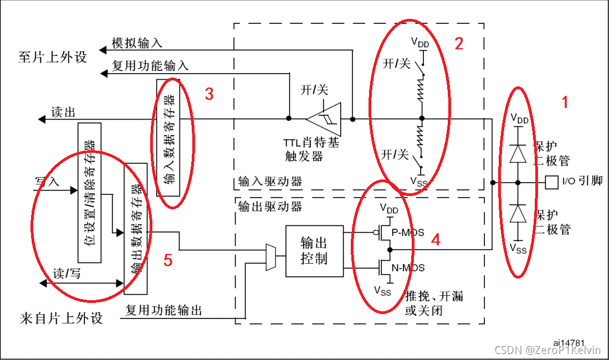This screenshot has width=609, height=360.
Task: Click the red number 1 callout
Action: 565,102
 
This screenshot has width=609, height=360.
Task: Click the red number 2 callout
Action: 459,44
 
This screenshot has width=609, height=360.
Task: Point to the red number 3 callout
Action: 209,94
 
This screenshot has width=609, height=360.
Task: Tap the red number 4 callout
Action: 436,240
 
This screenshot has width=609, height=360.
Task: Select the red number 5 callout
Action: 168,260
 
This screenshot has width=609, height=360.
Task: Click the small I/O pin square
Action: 551,182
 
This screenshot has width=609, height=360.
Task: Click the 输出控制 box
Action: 314,251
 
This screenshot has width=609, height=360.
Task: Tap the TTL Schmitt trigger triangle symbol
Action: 324,119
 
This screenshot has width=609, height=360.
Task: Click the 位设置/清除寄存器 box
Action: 90,192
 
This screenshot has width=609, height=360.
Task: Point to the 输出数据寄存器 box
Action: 136,228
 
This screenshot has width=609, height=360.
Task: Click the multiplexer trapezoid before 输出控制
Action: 271,257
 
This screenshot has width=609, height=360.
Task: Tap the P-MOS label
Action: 408,233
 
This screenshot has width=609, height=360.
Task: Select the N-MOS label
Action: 408,268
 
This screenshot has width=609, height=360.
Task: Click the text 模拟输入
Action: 137,43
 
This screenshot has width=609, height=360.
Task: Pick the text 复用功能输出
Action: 164,310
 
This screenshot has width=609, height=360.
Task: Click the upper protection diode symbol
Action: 518,153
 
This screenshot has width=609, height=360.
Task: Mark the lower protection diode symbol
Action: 518,213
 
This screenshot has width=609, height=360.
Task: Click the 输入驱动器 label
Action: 270,181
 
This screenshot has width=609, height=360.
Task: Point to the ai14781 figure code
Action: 569,344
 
